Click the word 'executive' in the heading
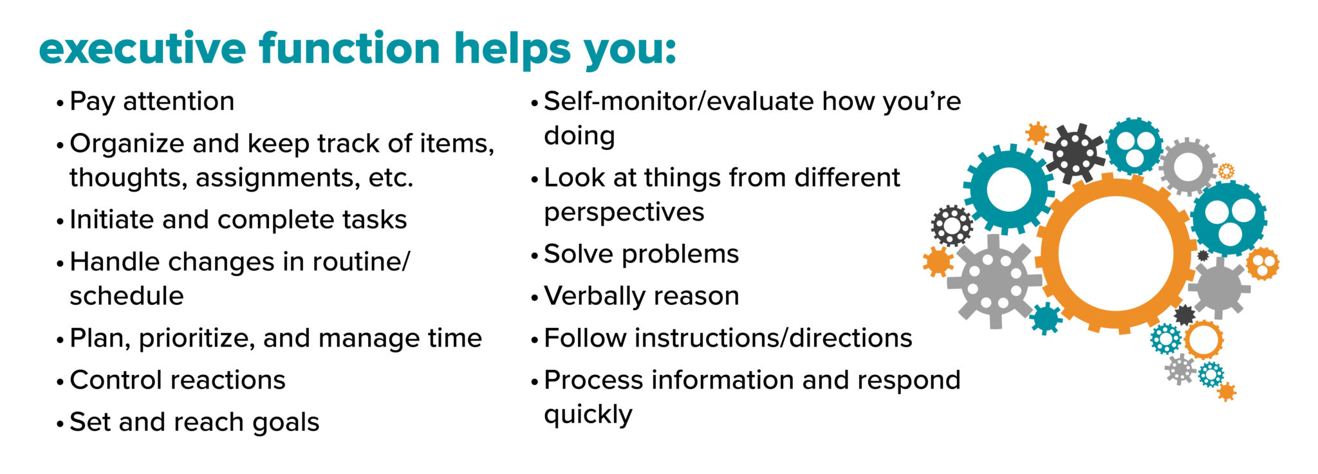pos(142,49)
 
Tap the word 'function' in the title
pos(349,49)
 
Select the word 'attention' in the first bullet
pos(178,102)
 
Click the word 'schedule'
pos(127,296)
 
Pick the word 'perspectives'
pos(624,212)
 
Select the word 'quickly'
pos(588,415)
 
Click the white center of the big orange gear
pos(1115,253)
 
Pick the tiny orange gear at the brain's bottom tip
pos(1227,391)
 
